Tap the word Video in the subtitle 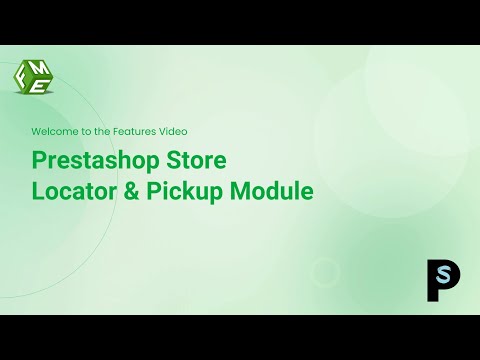pos(173,131)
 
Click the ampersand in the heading pos(131,189)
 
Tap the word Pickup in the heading pos(187,189)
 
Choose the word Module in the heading pos(274,189)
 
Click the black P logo pos(436,279)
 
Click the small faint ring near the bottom pos(326,271)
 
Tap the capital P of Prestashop pos(39,160)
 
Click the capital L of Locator pos(38,189)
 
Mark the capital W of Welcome pos(36,131)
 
